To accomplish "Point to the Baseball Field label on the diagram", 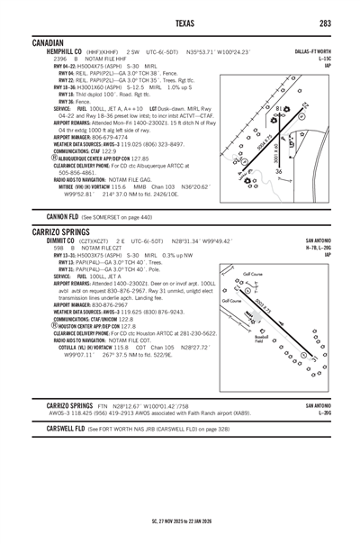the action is coord(258,338).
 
